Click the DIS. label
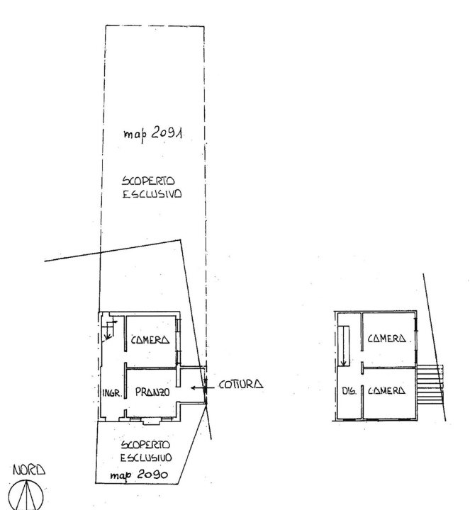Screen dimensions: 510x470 [x=346, y=391]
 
